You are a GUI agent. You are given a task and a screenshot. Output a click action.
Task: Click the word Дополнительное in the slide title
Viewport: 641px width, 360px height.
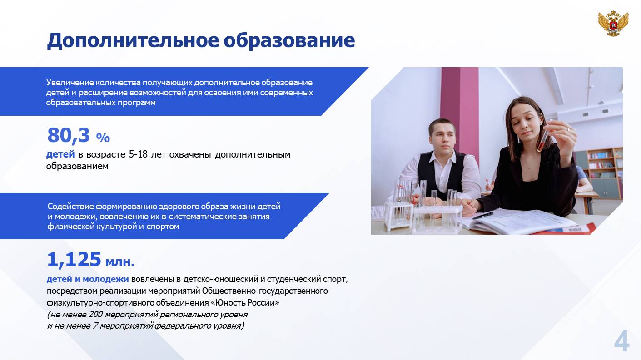coord(133,41)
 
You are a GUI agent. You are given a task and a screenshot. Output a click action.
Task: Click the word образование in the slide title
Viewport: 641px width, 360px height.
coord(289,40)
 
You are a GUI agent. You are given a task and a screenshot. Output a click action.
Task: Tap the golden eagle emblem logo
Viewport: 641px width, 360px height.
coord(613,24)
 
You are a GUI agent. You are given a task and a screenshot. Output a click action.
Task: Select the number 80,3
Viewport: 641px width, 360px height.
coord(69,135)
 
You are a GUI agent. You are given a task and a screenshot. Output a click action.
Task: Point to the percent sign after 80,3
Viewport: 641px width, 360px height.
coord(103,138)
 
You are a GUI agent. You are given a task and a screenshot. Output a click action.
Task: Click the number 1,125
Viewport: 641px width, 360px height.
coord(74,260)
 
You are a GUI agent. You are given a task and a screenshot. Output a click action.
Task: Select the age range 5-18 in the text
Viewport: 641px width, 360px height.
coord(138,154)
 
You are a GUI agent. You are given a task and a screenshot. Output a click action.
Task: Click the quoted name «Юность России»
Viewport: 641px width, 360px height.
coord(245,302)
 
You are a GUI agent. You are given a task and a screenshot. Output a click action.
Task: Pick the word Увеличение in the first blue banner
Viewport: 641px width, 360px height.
coord(70,83)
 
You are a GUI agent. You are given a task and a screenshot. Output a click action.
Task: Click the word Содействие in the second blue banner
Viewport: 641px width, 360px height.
coord(71,207)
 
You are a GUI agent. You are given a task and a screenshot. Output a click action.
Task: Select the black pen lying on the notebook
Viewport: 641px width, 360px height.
coord(483,215)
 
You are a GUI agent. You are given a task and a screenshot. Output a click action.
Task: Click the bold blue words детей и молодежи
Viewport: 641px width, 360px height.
coord(88,279)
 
